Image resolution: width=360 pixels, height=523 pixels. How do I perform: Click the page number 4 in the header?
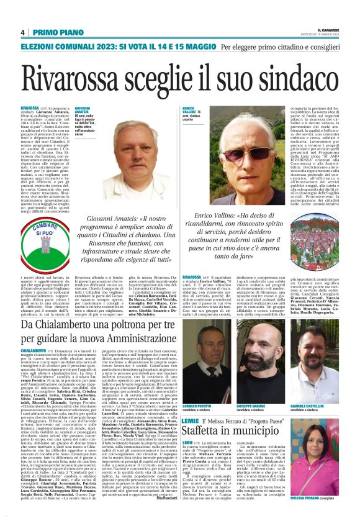coord(23,32)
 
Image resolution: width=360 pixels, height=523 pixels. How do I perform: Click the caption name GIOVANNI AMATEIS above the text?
coord(83,109)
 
